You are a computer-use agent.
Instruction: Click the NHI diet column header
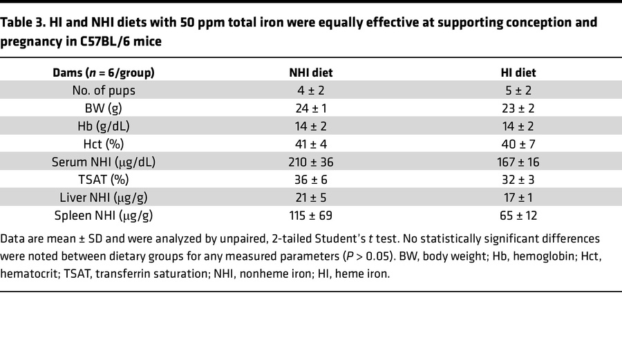(310, 73)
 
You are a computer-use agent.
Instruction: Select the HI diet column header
(518, 73)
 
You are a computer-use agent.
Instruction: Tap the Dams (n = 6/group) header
(104, 73)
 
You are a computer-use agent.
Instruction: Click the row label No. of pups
(104, 91)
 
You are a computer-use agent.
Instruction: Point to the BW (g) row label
(104, 108)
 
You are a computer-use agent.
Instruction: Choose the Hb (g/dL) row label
(104, 126)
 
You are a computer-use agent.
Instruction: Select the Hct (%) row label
(104, 144)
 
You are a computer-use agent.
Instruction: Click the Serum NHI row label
(104, 162)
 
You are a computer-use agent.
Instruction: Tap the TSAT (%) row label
(104, 180)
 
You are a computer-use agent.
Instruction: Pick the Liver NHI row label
(104, 198)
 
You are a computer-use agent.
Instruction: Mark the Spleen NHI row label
(104, 216)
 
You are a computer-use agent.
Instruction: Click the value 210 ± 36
(310, 162)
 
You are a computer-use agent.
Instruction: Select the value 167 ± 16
(518, 162)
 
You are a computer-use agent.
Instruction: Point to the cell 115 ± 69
(310, 216)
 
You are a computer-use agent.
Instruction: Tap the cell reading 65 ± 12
(518, 216)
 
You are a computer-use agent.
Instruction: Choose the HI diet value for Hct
(518, 144)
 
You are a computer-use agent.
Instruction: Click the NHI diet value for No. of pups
(310, 91)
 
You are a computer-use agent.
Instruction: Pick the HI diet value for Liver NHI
(518, 198)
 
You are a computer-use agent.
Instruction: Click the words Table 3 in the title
(25, 23)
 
